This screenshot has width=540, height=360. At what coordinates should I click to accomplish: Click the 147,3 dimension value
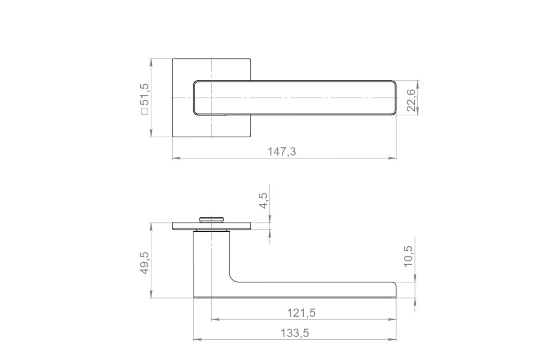tap(282, 152)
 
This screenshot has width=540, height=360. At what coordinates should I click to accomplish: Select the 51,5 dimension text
tap(146, 95)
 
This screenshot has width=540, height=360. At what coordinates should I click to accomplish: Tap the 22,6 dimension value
tap(411, 100)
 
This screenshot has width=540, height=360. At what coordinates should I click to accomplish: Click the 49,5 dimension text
tap(144, 263)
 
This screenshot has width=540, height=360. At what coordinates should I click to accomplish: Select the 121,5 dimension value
tap(301, 313)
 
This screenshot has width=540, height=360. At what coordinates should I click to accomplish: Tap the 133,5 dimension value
tap(295, 333)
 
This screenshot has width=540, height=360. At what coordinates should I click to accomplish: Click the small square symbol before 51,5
tap(145, 112)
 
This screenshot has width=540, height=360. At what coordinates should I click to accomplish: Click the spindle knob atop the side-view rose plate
tap(211, 220)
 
